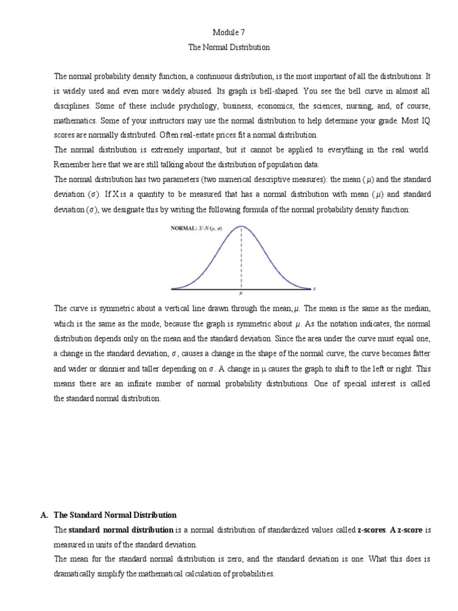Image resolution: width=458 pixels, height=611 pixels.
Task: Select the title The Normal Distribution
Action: click(229, 47)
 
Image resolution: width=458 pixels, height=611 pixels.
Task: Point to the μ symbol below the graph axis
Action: click(241, 294)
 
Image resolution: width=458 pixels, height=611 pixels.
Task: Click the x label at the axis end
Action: click(314, 289)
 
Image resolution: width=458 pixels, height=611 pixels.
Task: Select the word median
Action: click(417, 308)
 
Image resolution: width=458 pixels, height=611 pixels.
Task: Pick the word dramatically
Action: click(76, 574)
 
